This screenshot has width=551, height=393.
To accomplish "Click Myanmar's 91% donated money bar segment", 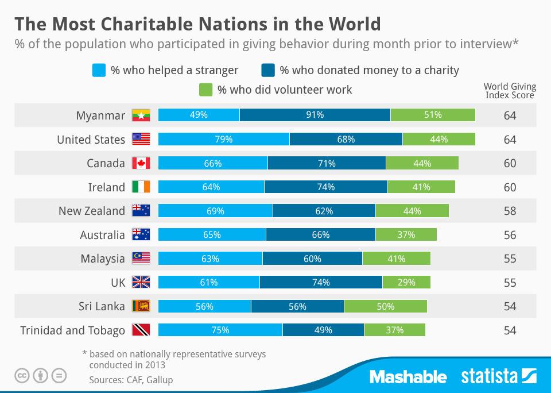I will pyautogui.click(x=315, y=115).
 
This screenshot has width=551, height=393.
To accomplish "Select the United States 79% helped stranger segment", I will pyautogui.click(x=224, y=139).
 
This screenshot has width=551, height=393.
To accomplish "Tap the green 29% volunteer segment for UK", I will pyautogui.click(x=406, y=282).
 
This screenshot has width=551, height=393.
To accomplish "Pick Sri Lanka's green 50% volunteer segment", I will pyautogui.click(x=386, y=306).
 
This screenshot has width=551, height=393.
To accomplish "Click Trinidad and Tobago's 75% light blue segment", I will pyautogui.click(x=220, y=330).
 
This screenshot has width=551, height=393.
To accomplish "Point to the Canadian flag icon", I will pyautogui.click(x=141, y=163).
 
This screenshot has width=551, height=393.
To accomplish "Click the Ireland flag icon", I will pyautogui.click(x=141, y=187).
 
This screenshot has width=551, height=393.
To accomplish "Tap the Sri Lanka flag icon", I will pyautogui.click(x=141, y=306).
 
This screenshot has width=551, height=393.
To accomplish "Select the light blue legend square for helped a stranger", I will pyautogui.click(x=99, y=71).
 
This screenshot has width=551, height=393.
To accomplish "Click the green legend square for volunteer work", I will pyautogui.click(x=205, y=90).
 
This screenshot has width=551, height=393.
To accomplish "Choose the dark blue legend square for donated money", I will pyautogui.click(x=268, y=71).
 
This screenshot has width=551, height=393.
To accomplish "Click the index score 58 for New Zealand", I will pyautogui.click(x=510, y=211).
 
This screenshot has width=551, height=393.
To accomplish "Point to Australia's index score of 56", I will pyautogui.click(x=510, y=235).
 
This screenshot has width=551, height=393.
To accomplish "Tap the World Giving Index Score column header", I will pyautogui.click(x=510, y=91).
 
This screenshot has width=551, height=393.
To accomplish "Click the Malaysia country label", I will pyautogui.click(x=103, y=259).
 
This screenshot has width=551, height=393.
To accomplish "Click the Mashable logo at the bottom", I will pyautogui.click(x=408, y=377).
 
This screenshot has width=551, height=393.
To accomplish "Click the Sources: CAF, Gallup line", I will pyautogui.click(x=131, y=380).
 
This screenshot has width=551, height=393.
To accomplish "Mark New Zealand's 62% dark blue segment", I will pyautogui.click(x=324, y=211).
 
